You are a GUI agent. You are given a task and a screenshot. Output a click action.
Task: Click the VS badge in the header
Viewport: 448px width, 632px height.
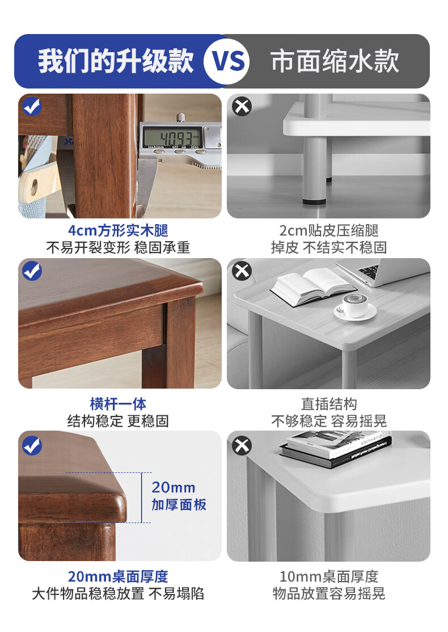tap(226, 61)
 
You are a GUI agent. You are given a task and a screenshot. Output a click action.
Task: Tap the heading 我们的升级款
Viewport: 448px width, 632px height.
tap(116, 61)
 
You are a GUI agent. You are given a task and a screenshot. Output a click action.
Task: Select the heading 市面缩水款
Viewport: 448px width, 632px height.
tap(335, 61)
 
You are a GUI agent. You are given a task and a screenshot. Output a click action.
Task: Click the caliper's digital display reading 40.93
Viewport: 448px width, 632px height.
tap(173, 137)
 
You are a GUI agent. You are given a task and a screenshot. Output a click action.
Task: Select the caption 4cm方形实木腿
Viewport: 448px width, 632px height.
tap(118, 230)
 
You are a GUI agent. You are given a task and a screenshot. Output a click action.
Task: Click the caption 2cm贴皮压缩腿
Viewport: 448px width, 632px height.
tap(329, 230)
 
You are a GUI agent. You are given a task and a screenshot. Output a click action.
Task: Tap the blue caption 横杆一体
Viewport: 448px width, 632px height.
tap(118, 403)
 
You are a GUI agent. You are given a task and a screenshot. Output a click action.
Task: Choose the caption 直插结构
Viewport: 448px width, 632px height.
tap(329, 403)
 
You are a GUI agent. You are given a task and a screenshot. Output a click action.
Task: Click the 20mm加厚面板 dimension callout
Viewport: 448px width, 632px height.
tap(179, 496)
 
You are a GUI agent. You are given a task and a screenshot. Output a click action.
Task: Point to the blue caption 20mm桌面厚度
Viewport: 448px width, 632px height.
tap(118, 576)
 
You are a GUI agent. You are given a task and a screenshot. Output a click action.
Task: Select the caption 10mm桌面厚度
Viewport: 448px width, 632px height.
tap(329, 576)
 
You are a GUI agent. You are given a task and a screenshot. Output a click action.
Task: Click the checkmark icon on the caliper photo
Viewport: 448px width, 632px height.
tap(32, 106)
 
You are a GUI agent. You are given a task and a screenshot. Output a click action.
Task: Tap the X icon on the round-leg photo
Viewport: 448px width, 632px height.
tap(242, 106)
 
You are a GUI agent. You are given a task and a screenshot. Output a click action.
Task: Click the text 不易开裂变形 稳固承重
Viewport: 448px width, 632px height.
tap(118, 247)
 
